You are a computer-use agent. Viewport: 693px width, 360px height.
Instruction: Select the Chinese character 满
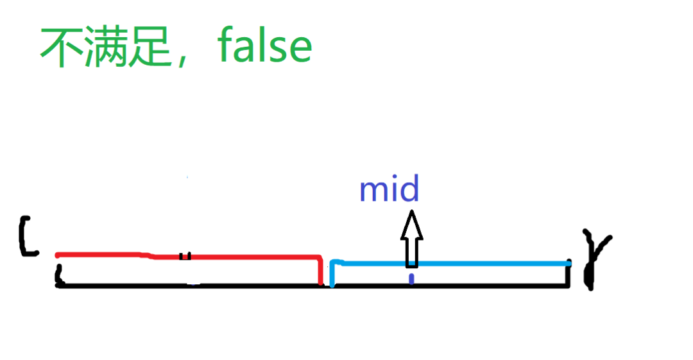[105, 47]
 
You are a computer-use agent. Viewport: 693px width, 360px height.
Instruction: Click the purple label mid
[389, 190]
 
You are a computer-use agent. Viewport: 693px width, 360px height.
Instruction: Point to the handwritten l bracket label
[26, 237]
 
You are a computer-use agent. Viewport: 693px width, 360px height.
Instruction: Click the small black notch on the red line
[185, 255]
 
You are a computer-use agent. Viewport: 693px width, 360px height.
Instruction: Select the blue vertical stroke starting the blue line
[332, 275]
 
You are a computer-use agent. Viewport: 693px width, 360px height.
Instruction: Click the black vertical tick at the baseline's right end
[568, 275]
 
